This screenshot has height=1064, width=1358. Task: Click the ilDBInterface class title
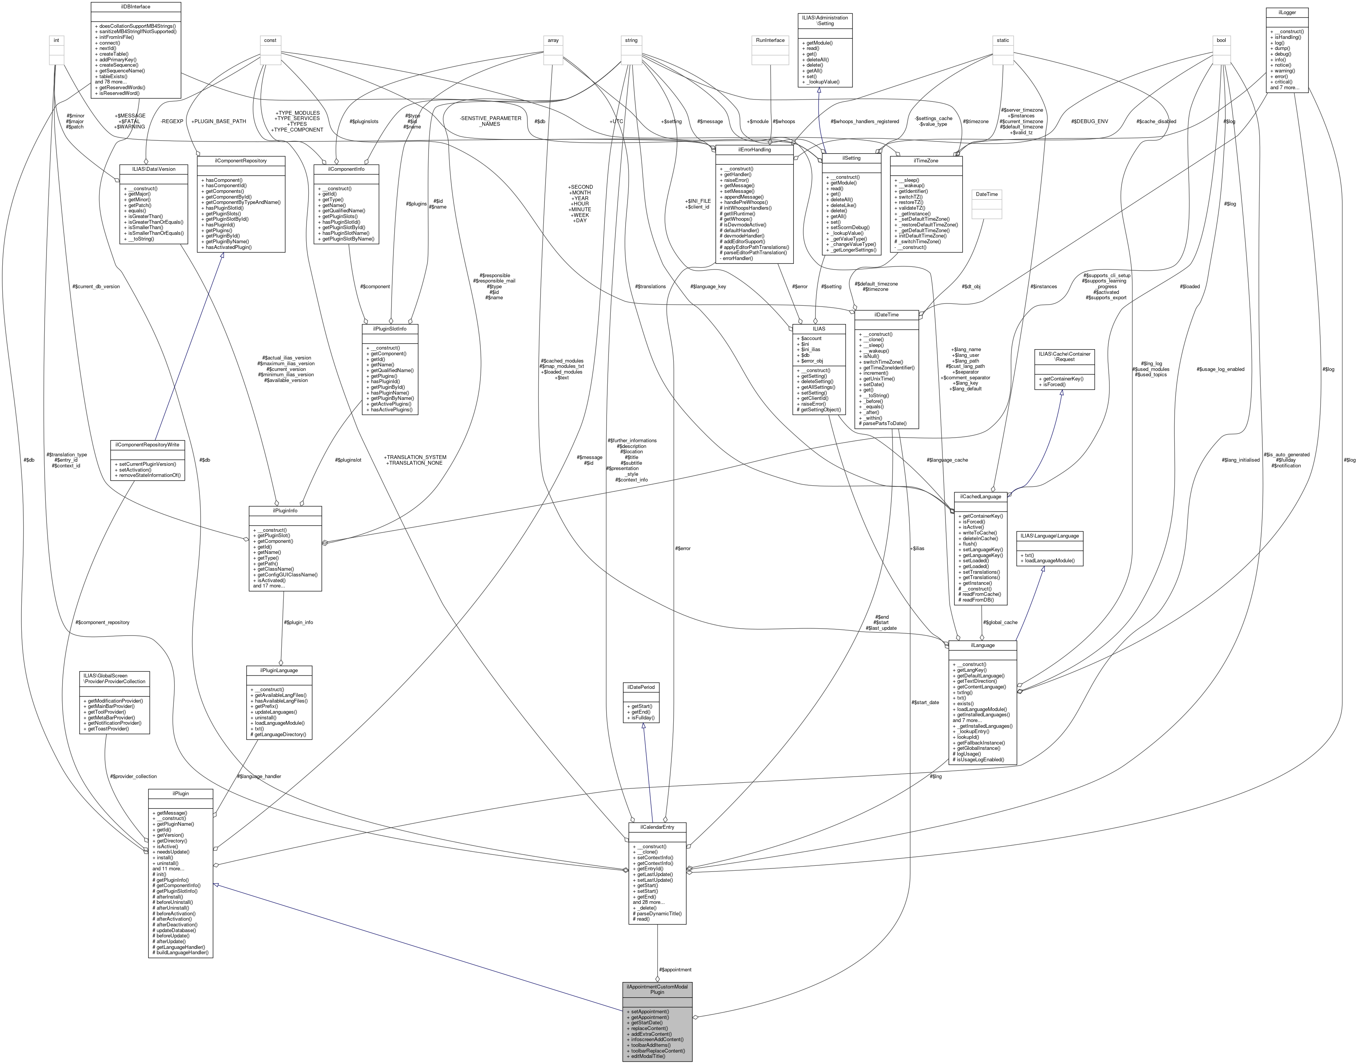pos(136,7)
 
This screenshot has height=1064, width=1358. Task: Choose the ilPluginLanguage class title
pos(280,670)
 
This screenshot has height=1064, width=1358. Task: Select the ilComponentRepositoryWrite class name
pos(148,445)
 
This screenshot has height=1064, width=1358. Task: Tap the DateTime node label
pos(987,194)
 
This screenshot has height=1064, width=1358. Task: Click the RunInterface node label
pos(770,40)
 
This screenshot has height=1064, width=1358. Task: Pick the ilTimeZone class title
pos(926,161)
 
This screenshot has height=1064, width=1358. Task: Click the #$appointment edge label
pos(675,970)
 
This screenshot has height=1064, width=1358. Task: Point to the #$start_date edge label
pos(925,703)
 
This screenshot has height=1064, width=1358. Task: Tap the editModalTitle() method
pos(648,1056)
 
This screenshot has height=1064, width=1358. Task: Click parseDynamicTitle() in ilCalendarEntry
pos(659,914)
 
